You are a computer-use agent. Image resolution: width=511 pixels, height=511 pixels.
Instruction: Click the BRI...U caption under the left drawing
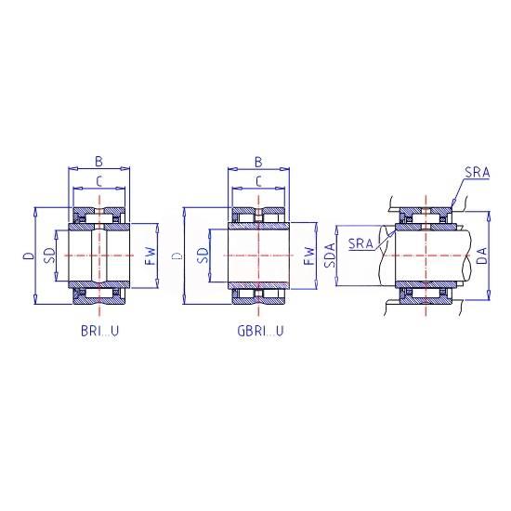[99, 331]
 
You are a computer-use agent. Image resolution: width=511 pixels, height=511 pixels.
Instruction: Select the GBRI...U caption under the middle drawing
[260, 331]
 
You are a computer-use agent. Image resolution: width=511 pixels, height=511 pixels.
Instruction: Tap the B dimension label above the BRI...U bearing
[98, 161]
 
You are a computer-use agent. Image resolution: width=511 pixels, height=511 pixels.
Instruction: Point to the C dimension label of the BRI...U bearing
[99, 181]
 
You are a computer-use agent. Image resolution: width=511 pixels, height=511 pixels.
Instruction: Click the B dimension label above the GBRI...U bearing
[258, 162]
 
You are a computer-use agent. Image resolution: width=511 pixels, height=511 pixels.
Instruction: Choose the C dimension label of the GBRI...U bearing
[258, 181]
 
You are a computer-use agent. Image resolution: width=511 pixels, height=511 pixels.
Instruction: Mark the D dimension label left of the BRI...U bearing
[29, 255]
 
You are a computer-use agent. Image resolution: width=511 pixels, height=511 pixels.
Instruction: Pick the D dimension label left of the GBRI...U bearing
[177, 255]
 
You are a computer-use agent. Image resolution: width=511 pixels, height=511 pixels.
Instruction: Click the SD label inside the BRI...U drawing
[49, 255]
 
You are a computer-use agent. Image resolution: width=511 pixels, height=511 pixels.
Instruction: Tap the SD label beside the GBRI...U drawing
[203, 255]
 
